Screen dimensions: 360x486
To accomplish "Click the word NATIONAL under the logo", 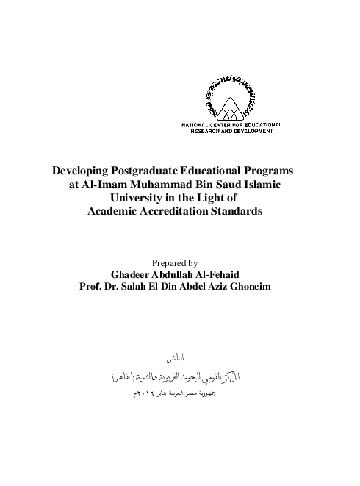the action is coord(195,126).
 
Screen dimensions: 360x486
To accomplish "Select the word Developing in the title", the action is coord(77,170).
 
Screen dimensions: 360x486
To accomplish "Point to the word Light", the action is coord(212,198).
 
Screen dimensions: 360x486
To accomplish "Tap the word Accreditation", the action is coord(173,212).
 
